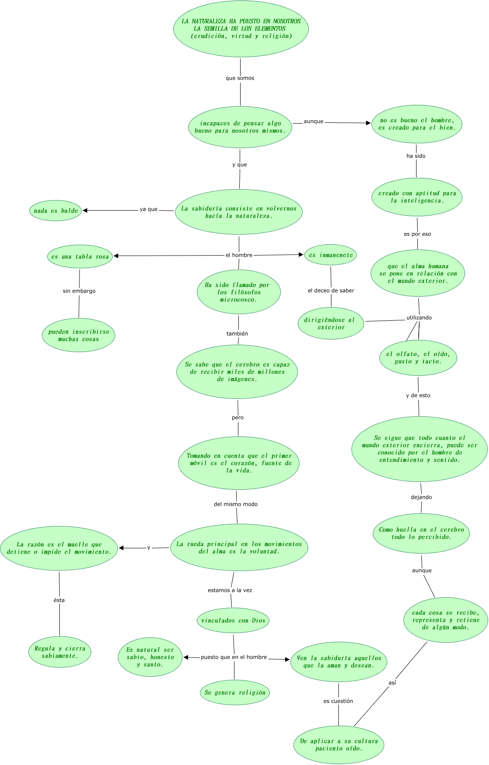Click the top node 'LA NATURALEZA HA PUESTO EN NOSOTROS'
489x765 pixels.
241,29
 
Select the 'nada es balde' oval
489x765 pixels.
55,211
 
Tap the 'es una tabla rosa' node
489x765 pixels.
80,256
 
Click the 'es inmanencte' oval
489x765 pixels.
331,255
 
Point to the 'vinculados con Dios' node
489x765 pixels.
233,620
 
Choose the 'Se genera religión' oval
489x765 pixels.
235,692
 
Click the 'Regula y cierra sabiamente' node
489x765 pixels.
60,652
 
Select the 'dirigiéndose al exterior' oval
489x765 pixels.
331,324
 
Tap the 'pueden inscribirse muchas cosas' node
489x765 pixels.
79,335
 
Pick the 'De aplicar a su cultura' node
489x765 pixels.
339,744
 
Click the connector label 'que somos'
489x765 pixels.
240,78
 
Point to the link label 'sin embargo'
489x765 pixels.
79,291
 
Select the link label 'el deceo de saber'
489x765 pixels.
331,291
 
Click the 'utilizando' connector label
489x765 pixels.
419,318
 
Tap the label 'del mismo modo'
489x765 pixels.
236,504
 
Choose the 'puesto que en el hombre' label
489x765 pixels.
234,657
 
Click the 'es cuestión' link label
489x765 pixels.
338,701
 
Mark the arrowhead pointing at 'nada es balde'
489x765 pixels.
85,210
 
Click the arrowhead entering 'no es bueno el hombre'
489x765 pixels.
368,123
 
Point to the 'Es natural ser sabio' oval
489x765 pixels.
150,657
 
